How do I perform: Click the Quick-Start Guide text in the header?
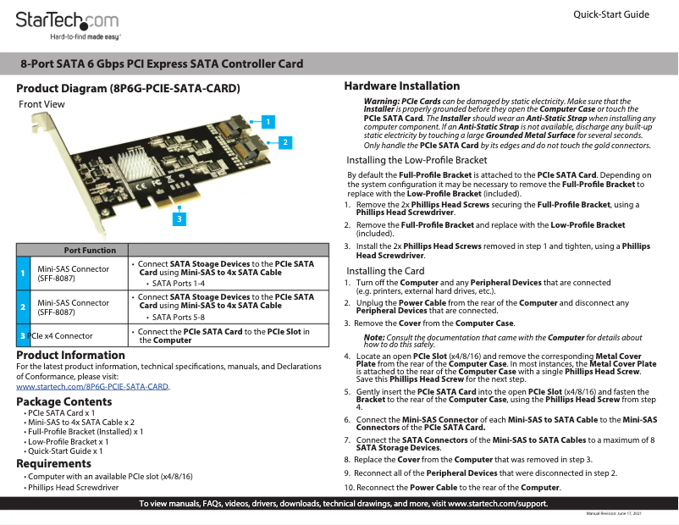[x=611, y=15]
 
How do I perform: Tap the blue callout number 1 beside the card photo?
[x=268, y=121]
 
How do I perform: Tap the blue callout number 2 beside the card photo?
[x=285, y=142]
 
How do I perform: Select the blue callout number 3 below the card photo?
[x=179, y=218]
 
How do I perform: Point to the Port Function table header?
[x=90, y=250]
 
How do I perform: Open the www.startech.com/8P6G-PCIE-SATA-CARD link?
[x=93, y=386]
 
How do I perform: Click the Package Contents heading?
[x=64, y=401]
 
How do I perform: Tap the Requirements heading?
[x=54, y=463]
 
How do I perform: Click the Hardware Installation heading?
[x=402, y=86]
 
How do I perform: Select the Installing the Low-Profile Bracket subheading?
[x=417, y=160]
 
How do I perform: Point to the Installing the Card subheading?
[x=385, y=271]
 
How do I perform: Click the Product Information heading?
[x=71, y=355]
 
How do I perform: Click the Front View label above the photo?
[x=41, y=104]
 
